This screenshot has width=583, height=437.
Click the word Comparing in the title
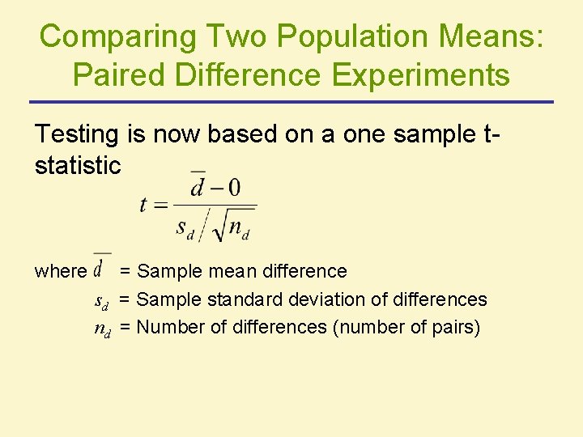[118, 36]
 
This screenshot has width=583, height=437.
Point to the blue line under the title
[291, 102]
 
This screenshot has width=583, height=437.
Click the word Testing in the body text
[78, 134]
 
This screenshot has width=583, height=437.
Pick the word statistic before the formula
[78, 165]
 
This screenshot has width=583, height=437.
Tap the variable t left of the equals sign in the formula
[143, 205]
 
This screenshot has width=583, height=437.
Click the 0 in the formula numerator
[234, 189]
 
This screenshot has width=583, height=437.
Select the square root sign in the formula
[217, 227]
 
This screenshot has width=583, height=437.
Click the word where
[60, 271]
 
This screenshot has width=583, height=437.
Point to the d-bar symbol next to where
[102, 265]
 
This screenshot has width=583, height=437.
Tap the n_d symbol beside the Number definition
[103, 329]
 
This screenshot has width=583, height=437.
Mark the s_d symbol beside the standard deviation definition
[102, 302]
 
